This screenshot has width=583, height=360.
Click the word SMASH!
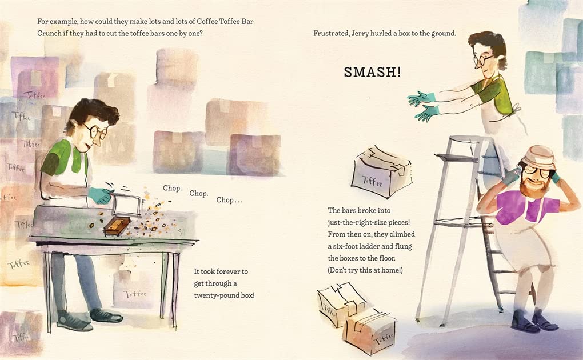(x=372, y=72)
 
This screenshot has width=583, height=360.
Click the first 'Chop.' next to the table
(x=172, y=188)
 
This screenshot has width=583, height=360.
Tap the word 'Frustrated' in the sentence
(x=331, y=34)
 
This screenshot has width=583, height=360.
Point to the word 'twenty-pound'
(x=211, y=295)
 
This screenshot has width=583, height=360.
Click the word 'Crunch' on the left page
(x=49, y=33)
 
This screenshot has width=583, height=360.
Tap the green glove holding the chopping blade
(x=100, y=195)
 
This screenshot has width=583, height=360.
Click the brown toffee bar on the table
(x=117, y=226)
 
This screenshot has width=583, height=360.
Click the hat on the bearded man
(x=538, y=155)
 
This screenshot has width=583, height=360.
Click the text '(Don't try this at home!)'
(x=365, y=270)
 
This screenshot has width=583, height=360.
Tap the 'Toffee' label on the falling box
(x=372, y=182)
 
